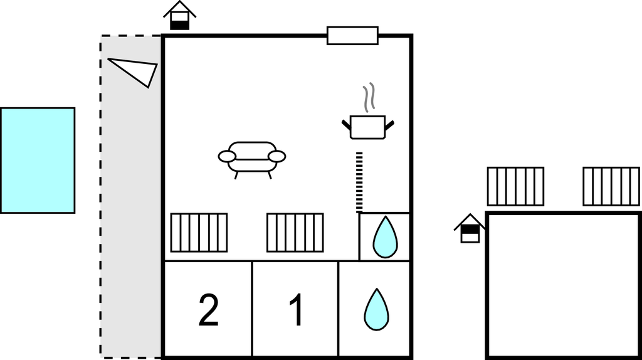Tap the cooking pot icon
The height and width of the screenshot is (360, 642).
tap(367, 126)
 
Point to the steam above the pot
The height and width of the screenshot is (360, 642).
tap(370, 97)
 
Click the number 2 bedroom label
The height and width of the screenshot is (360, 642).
tap(208, 311)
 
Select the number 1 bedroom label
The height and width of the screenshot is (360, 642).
tap(296, 311)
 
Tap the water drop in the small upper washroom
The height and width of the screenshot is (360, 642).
tap(385, 236)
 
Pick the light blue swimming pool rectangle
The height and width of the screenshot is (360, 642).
tap(38, 161)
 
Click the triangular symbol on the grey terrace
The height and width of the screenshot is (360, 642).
tap(137, 70)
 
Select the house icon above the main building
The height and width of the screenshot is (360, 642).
tap(180, 16)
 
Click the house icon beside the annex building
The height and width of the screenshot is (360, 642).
tap(470, 228)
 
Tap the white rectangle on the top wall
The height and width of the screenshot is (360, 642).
tap(352, 36)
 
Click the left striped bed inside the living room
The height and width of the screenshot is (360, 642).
tap(199, 233)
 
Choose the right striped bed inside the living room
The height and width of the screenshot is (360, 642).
tap(295, 233)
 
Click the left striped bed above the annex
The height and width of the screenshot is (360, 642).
tap(515, 186)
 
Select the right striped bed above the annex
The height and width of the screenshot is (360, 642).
tap(611, 186)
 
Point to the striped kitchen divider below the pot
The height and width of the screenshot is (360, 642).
tap(359, 182)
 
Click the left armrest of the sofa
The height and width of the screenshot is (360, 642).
tap(226, 157)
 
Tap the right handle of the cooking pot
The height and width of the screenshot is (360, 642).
tap(390, 124)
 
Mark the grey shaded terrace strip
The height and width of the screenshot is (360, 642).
tap(131, 220)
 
